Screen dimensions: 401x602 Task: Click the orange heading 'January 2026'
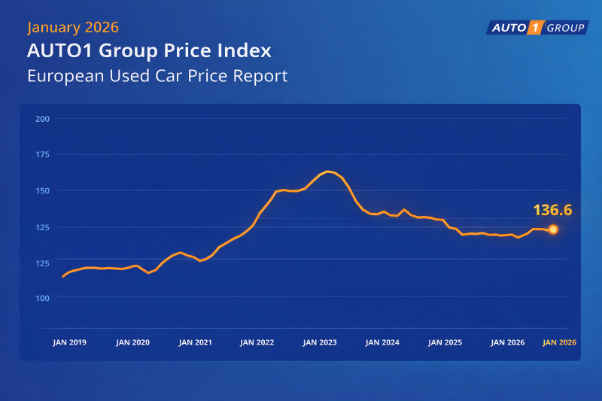(x=73, y=28)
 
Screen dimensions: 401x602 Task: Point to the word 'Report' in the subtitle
(x=262, y=76)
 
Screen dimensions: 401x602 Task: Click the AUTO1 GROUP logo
(x=536, y=28)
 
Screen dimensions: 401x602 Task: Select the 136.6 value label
(x=554, y=210)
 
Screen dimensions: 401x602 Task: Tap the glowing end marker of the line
(x=553, y=229)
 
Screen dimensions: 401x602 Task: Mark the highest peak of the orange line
(x=328, y=172)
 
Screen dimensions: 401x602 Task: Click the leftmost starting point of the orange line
(x=62, y=277)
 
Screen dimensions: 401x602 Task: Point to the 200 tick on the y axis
(x=42, y=119)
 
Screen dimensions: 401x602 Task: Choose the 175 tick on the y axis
(x=42, y=154)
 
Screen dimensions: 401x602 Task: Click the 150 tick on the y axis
(x=42, y=190)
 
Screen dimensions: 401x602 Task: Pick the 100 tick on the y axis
(x=42, y=298)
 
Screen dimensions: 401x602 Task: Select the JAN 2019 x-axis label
(x=69, y=342)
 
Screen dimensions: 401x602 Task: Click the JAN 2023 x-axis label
(x=320, y=342)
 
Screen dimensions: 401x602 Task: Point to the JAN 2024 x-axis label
(x=382, y=342)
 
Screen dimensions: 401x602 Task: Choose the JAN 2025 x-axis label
(x=445, y=342)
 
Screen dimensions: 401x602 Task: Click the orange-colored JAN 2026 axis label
(x=560, y=342)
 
